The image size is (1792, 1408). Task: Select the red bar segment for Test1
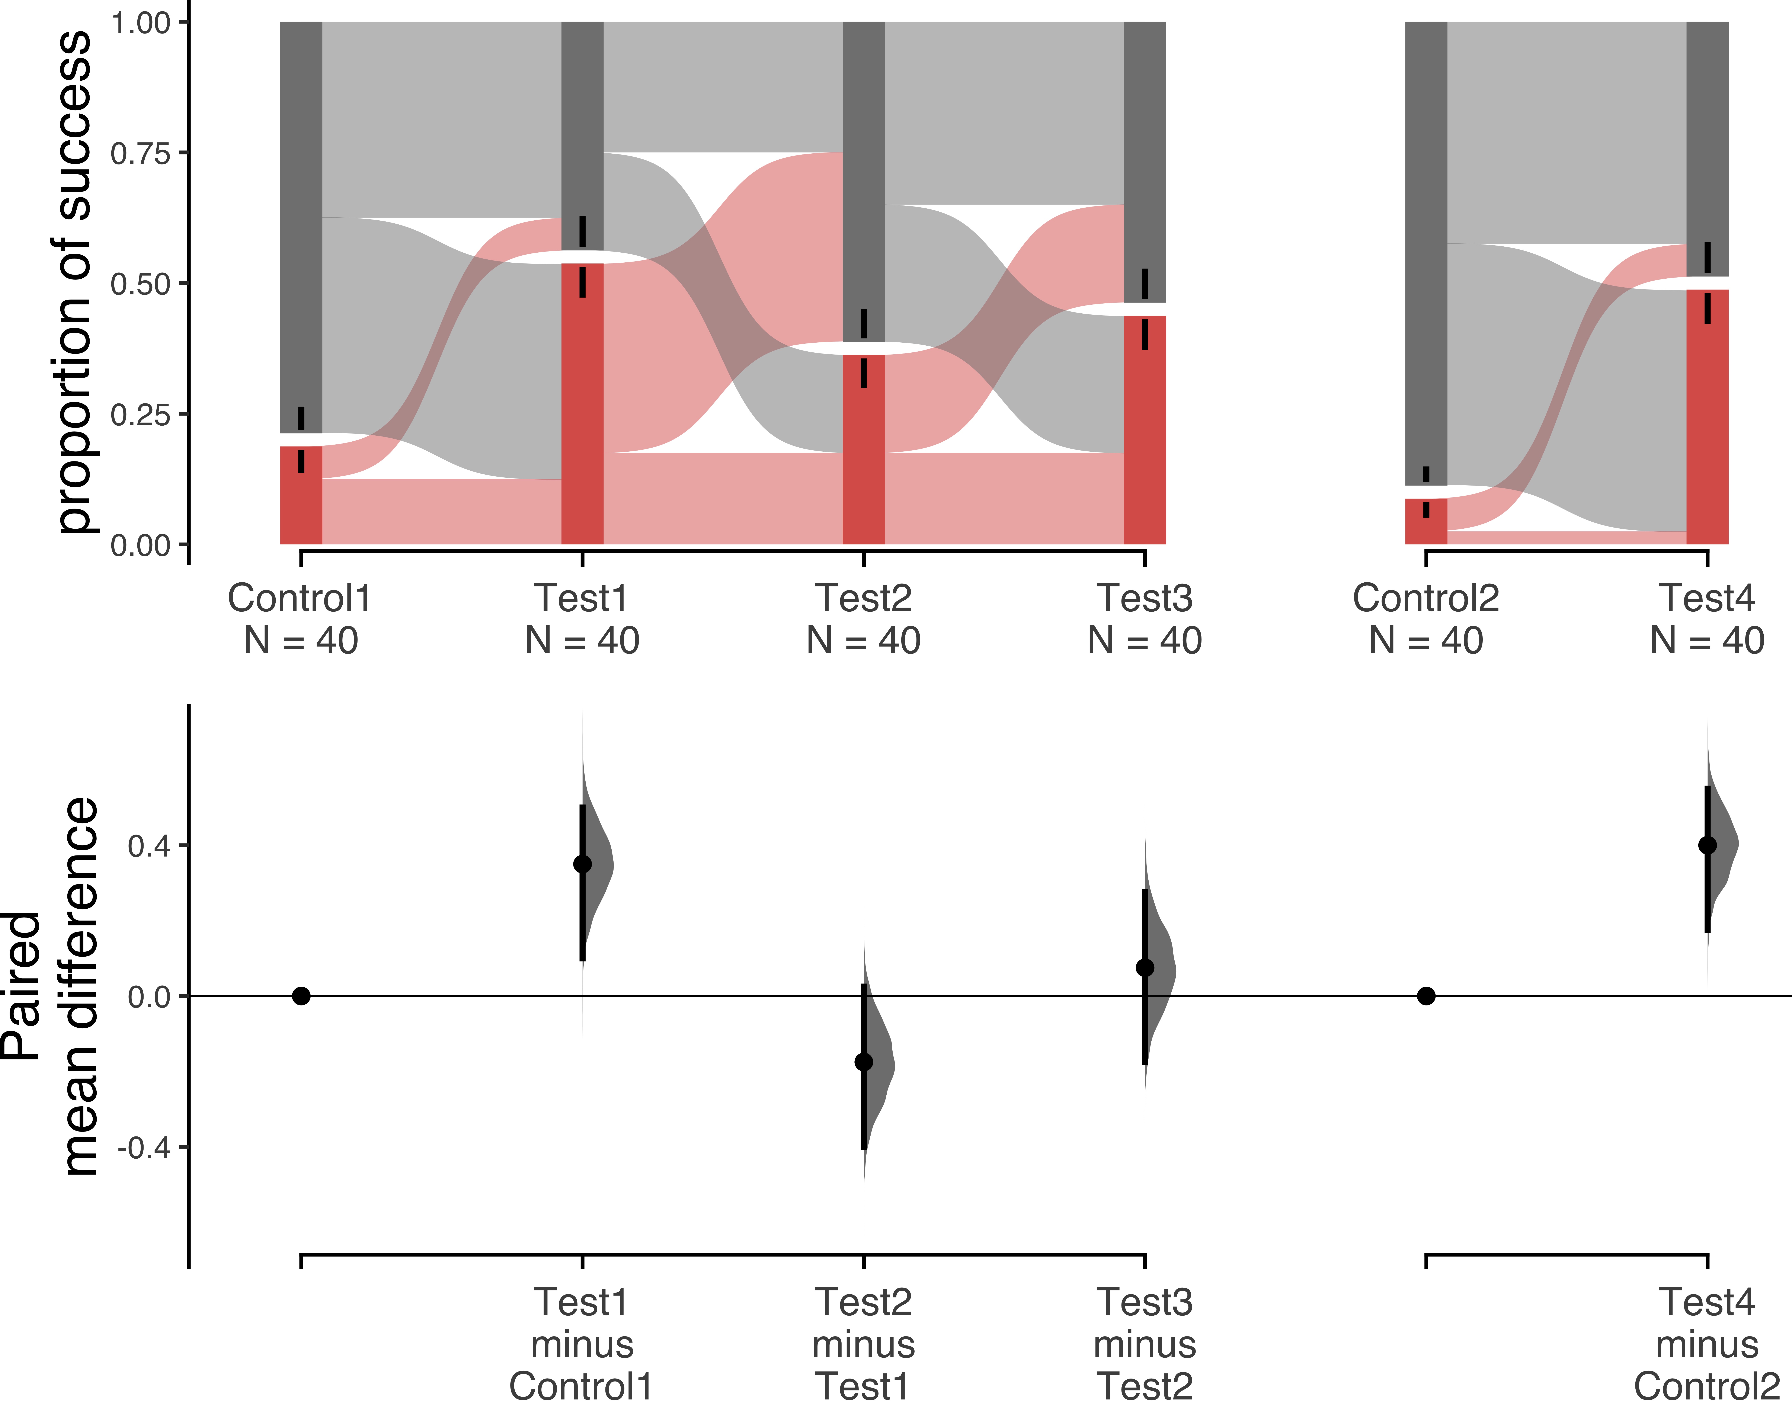pos(582,404)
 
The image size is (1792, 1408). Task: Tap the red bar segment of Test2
pos(863,449)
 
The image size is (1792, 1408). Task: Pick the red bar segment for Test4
pos(1707,417)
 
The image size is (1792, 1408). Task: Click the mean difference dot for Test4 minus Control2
pos(1707,845)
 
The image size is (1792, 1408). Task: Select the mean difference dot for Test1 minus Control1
pos(582,864)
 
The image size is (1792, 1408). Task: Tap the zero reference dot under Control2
pos(1426,996)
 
